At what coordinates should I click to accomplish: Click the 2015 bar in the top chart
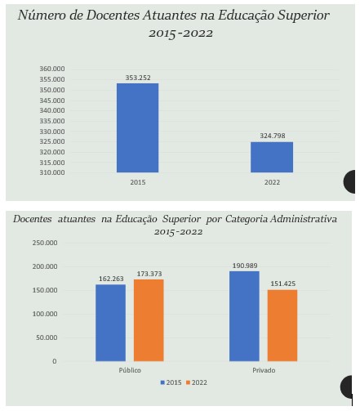click(137, 127)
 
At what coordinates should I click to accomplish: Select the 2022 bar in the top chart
click(272, 157)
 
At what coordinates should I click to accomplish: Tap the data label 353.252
click(138, 78)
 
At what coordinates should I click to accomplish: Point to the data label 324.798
click(273, 136)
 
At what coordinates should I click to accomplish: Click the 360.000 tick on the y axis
click(52, 69)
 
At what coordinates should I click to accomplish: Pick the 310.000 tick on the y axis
click(52, 172)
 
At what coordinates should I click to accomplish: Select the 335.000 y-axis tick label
click(52, 121)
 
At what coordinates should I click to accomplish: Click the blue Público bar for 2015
click(110, 323)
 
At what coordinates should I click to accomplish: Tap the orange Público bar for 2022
click(149, 320)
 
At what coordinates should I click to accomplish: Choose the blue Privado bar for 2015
click(244, 316)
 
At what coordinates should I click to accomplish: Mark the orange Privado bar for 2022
click(282, 325)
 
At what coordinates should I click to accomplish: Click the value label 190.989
click(245, 266)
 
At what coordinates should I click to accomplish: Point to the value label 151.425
click(283, 284)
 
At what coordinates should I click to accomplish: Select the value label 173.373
click(149, 274)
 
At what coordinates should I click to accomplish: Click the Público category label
click(130, 370)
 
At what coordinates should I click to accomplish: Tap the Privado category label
click(264, 370)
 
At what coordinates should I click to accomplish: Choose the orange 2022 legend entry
click(197, 382)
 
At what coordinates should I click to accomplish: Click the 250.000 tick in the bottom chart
click(45, 243)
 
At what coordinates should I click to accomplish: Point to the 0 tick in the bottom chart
click(55, 361)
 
